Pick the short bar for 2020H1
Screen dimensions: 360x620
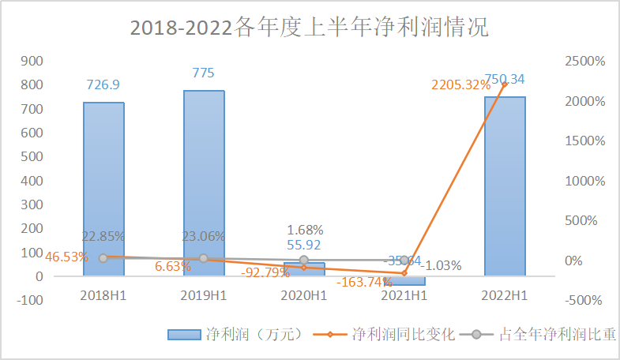(x=304, y=268)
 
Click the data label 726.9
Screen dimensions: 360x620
(x=103, y=84)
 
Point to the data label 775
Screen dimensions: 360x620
(x=204, y=73)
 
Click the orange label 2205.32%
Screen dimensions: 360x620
(x=460, y=85)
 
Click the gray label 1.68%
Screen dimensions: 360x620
(x=303, y=230)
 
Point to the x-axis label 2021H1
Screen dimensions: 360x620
(x=404, y=296)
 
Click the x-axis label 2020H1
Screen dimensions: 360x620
(x=304, y=296)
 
